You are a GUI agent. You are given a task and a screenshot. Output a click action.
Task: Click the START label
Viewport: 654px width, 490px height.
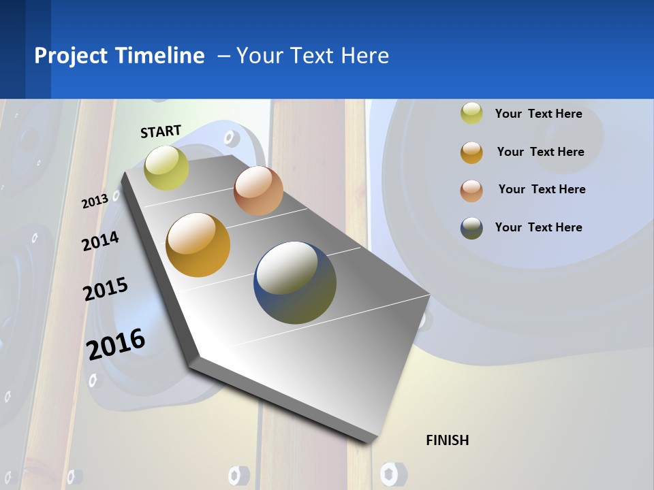[x=161, y=131]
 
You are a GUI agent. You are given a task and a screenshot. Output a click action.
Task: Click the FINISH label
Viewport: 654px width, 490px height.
[x=448, y=440]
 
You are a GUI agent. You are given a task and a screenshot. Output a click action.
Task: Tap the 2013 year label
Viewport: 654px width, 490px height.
[x=95, y=201]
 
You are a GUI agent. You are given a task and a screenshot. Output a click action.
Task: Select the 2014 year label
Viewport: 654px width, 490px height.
[x=100, y=241]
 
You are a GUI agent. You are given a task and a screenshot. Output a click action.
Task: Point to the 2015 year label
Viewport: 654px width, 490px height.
[x=106, y=289]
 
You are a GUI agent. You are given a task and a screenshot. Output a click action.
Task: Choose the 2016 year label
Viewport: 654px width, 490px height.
[x=116, y=344]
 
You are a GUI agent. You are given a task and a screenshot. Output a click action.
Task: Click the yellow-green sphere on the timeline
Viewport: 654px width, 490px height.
[x=166, y=167]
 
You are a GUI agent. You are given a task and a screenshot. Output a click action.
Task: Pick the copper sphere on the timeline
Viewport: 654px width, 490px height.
[x=258, y=191]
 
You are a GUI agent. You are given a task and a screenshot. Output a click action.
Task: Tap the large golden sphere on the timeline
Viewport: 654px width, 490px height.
[x=198, y=245]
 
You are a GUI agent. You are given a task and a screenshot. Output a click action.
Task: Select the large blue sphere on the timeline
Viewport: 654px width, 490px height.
[x=295, y=282]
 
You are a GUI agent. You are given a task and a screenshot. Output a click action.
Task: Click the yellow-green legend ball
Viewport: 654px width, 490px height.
[x=471, y=114]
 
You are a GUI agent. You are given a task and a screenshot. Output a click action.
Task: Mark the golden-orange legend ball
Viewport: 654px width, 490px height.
[x=471, y=152]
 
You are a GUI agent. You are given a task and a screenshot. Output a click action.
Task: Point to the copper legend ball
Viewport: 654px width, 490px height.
[x=471, y=191]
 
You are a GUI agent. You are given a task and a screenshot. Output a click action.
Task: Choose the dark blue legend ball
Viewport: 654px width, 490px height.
[x=471, y=228]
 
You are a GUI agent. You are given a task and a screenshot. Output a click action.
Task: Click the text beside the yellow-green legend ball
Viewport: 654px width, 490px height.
[x=538, y=114]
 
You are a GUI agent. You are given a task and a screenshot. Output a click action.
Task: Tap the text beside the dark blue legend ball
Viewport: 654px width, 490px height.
[x=538, y=227]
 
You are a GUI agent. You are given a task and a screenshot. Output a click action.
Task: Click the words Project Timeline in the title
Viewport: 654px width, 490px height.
[x=119, y=56]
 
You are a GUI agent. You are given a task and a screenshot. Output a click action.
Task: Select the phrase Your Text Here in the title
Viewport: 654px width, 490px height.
[x=313, y=56]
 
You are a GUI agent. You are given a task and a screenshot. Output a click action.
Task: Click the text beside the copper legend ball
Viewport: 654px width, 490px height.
[x=542, y=189]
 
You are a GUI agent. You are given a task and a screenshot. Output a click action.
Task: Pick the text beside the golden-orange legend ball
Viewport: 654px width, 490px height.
[x=540, y=152]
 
